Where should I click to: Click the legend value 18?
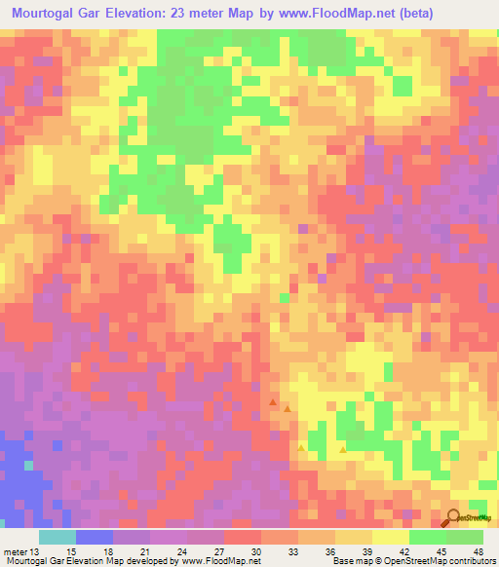point(107,550)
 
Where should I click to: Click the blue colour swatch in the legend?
point(95,537)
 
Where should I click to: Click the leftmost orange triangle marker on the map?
point(274,400)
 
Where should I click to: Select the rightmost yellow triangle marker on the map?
point(342,450)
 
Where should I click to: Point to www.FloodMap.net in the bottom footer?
point(211,561)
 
